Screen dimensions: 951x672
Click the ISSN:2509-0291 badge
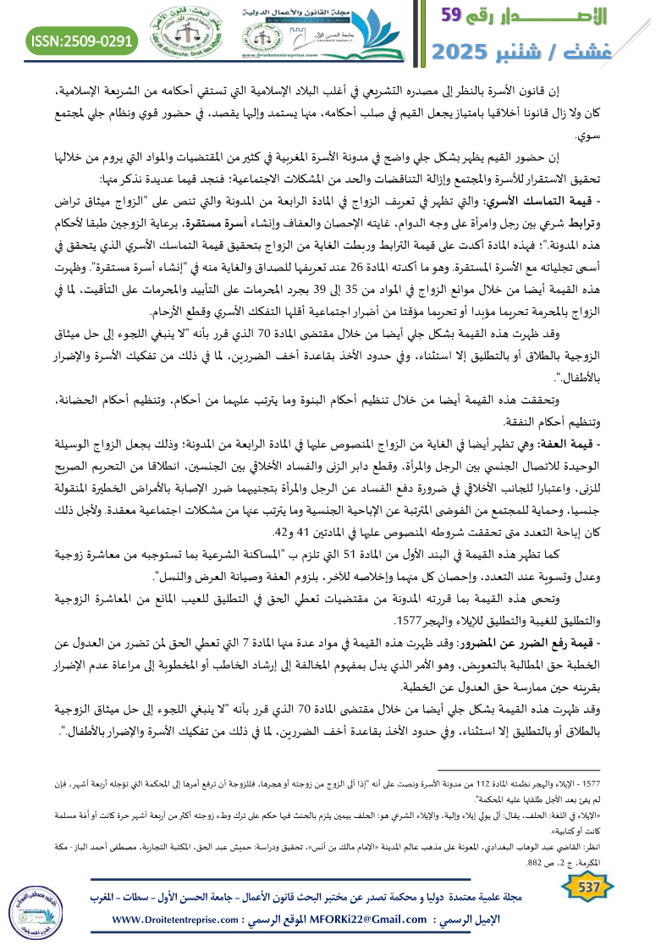pos(82,40)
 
